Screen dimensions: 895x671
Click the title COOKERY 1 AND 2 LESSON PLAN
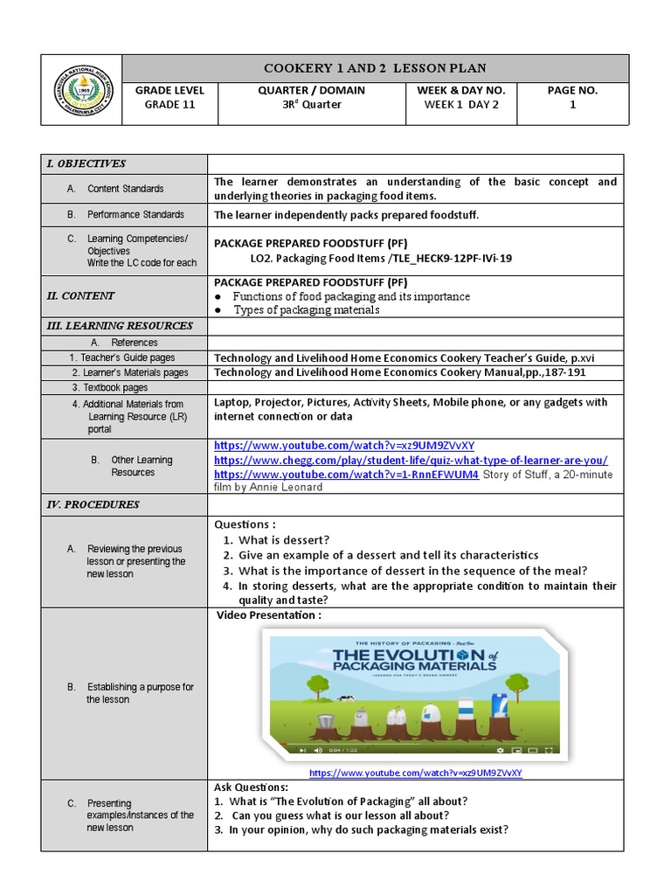pos(375,68)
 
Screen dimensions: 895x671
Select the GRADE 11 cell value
pos(169,105)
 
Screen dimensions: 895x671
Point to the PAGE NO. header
pos(573,90)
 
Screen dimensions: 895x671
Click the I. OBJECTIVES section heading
pos(86,163)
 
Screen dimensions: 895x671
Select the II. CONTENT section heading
pos(80,295)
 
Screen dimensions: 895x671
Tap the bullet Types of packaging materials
pos(306,309)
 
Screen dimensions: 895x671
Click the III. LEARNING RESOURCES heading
pos(120,326)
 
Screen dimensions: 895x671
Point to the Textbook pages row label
pos(109,387)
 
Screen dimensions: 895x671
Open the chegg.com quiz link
pos(411,460)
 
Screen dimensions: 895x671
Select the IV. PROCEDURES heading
pos(93,504)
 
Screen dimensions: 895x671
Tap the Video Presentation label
pos(269,615)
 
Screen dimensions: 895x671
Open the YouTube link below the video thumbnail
pos(415,774)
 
